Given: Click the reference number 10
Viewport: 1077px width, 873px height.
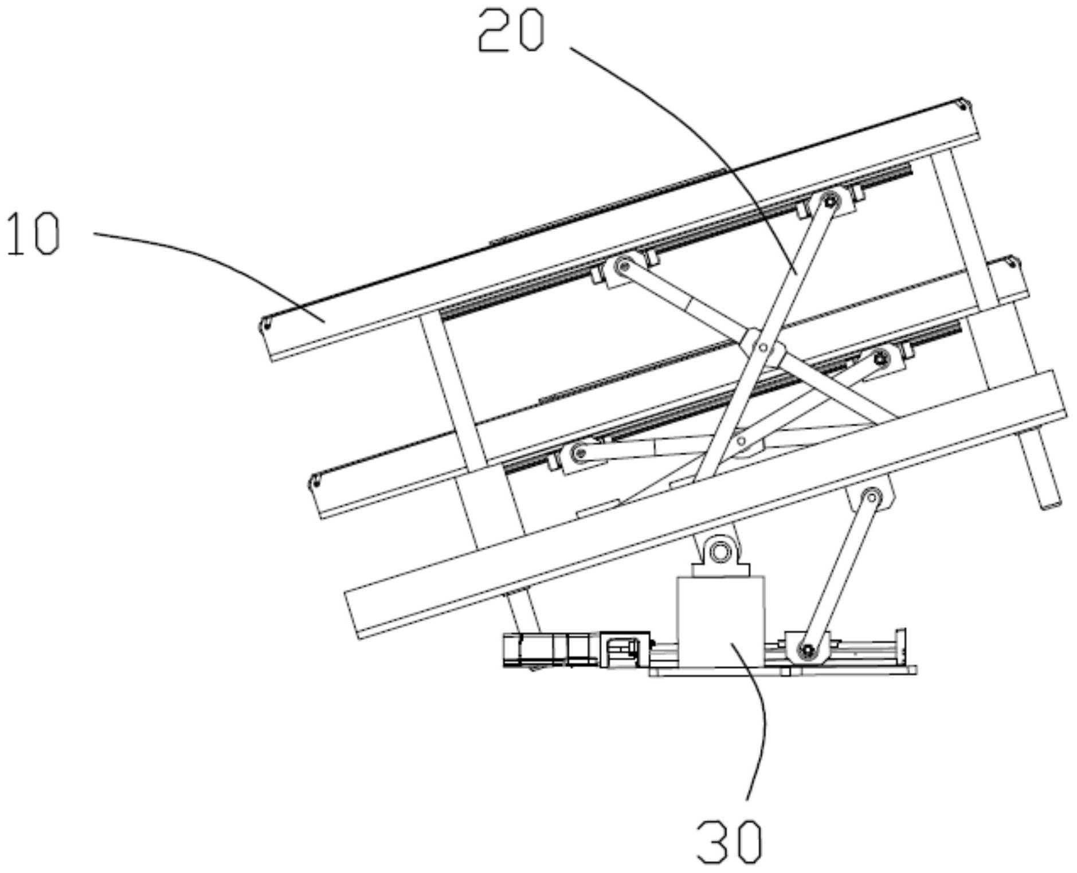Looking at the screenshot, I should tap(33, 233).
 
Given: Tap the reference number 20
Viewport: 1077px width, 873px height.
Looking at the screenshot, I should tap(511, 32).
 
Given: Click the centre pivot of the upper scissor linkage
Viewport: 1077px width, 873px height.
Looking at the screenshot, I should tap(762, 347).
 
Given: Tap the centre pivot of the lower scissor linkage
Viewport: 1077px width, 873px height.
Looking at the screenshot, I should tap(742, 441).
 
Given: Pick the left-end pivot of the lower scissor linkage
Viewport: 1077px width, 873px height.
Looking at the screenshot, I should tap(578, 453).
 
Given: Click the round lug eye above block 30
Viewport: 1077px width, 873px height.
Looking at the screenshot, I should tap(717, 552).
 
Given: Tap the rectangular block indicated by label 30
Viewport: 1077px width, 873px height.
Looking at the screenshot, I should tap(720, 622).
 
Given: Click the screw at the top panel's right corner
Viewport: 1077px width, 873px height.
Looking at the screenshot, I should tap(962, 105).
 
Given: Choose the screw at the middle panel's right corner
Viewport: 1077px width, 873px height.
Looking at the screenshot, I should tap(1013, 263).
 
